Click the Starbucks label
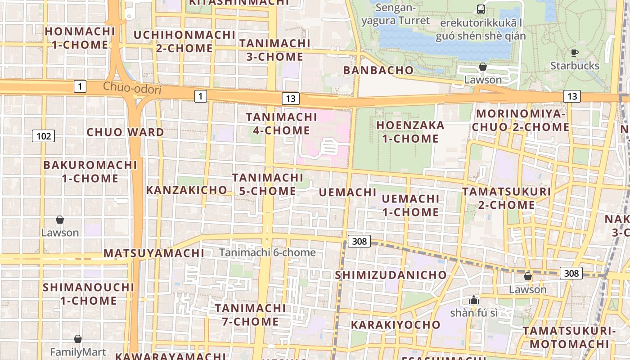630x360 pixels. pos(575,66)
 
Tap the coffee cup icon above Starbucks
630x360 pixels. pos(574,53)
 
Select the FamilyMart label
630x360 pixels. pos(78,352)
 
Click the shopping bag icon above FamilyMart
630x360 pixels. pos(78,339)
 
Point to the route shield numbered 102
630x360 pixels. pos(43,135)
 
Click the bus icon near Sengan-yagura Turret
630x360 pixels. pos(481,9)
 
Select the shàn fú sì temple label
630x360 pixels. pos(474,312)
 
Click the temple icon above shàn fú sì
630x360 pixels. pos(473,300)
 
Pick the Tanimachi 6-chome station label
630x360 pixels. pos(267,252)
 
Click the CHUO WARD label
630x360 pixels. pos(125,132)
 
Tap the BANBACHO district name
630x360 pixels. pos(378,70)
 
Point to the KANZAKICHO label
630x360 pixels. pos(186,190)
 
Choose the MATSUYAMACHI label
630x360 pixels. pos(154,253)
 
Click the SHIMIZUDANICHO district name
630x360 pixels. pos(391,275)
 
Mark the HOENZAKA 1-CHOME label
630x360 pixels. pos(410,132)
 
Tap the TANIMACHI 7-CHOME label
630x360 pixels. pos(250,315)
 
